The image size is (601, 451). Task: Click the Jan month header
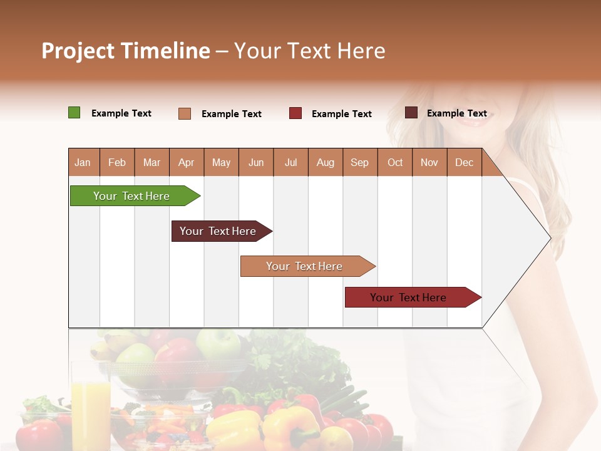tap(83, 163)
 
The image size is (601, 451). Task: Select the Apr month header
tap(187, 163)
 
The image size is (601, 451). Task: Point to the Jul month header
tap(290, 163)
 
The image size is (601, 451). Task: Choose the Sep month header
tap(359, 163)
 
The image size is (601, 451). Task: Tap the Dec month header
tap(464, 163)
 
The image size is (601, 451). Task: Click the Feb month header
tap(117, 163)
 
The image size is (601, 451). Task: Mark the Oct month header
tap(395, 163)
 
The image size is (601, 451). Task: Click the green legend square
tap(74, 113)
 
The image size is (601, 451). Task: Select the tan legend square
tap(185, 113)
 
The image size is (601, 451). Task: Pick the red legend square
tap(295, 113)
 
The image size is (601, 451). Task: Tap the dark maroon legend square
tap(411, 113)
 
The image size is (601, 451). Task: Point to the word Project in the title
tap(78, 51)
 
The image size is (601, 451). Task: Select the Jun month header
tap(256, 163)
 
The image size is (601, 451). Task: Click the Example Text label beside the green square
tap(121, 113)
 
